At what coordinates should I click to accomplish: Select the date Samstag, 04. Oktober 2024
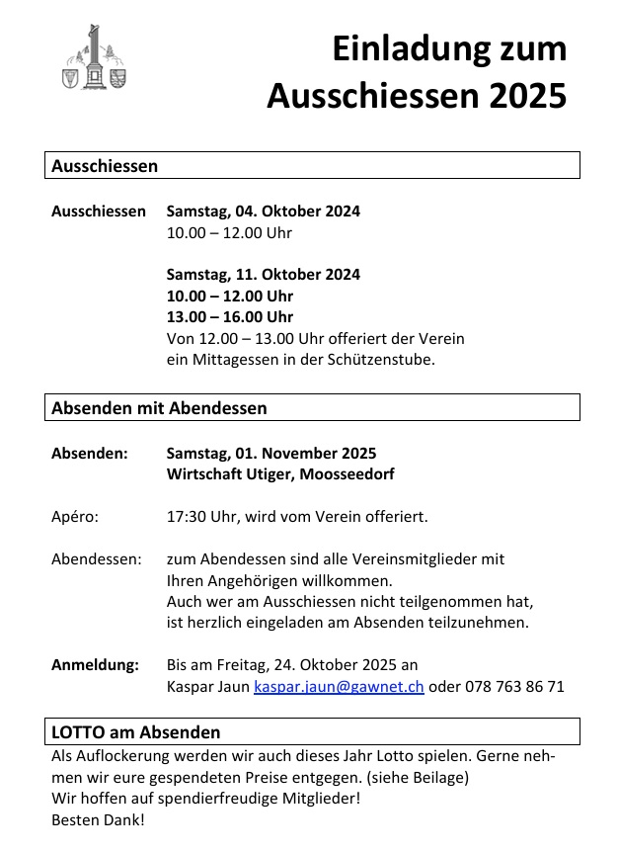point(263,211)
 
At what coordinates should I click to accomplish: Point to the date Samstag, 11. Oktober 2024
point(263,274)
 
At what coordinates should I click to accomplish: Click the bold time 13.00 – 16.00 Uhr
point(229,316)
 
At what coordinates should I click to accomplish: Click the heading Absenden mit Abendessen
point(159,407)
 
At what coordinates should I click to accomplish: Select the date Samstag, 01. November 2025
point(270,454)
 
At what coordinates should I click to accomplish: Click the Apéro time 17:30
point(186,516)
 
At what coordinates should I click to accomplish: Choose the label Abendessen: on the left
point(96,558)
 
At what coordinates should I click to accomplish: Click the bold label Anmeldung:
point(95,664)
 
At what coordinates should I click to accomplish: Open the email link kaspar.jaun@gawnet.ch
point(339,686)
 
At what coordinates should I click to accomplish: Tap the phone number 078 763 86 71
point(514,686)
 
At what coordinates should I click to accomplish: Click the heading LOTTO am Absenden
point(135,732)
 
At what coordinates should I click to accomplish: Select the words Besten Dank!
point(98,819)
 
